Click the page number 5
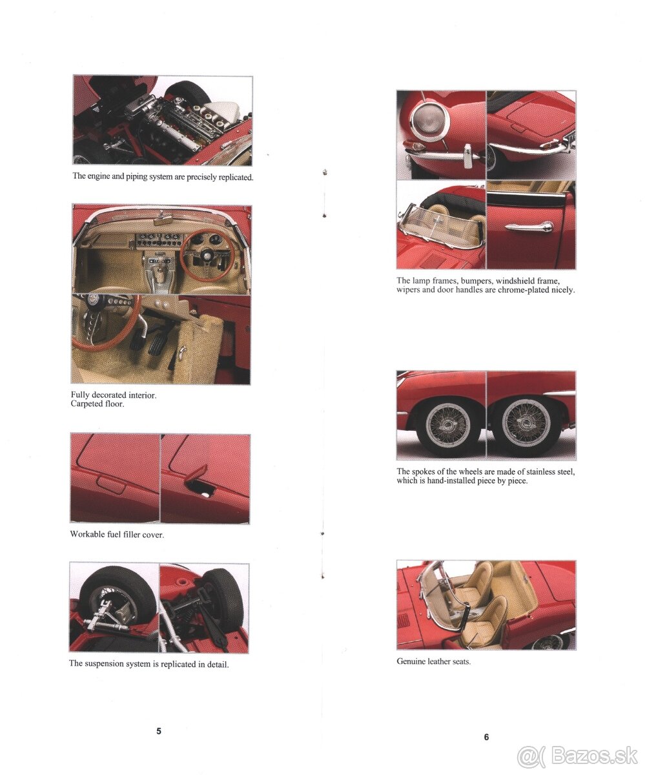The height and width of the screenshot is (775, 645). pos(159,731)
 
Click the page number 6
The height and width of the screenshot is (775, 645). pos(486,737)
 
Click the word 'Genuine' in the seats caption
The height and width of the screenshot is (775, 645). pos(411,662)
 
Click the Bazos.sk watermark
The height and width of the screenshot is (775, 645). pos(578,754)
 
